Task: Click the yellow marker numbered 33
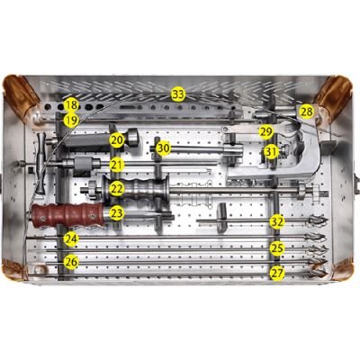(178, 94)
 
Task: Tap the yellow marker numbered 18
(71, 105)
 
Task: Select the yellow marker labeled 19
(71, 119)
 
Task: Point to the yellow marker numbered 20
(117, 139)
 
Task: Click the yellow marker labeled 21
(117, 165)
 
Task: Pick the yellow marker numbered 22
(117, 189)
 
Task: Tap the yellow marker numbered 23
(117, 213)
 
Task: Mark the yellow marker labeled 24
(71, 238)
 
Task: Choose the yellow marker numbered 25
(277, 247)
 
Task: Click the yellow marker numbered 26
(71, 262)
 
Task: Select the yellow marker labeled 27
(277, 272)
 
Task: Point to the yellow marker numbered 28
(307, 112)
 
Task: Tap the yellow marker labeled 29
(265, 131)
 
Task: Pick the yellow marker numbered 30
(163, 148)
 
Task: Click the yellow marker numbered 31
(270, 152)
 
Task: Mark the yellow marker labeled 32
(277, 220)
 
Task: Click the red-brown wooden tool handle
(67, 214)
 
